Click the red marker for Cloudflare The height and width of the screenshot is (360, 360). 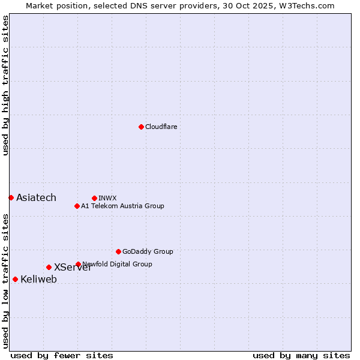(141, 127)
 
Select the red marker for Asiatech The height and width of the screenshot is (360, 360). (11, 197)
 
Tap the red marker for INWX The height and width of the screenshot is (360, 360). (94, 198)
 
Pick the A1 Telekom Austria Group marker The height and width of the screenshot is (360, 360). (77, 206)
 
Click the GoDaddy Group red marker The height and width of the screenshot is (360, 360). (118, 251)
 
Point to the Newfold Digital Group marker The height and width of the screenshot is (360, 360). (78, 264)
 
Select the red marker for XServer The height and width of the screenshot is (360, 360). (49, 267)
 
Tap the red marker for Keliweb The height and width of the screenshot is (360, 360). (15, 279)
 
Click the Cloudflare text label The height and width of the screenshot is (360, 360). (161, 127)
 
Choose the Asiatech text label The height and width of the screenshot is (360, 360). (36, 197)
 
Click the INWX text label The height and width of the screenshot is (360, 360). (107, 198)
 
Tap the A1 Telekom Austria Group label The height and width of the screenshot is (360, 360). (122, 206)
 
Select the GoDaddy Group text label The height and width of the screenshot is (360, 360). (148, 251)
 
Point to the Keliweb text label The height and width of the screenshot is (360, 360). (38, 279)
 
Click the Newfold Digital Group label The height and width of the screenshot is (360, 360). (118, 264)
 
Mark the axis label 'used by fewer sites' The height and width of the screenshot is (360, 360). (62, 355)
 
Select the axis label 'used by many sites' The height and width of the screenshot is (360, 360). (301, 355)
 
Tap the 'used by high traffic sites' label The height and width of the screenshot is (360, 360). (5, 85)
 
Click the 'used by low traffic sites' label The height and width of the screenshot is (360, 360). (5, 281)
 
